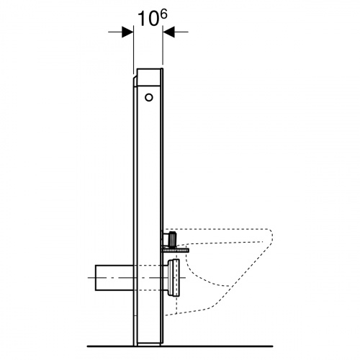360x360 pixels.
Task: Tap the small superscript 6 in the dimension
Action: [x=163, y=14]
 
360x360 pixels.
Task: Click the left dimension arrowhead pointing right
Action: [x=127, y=32]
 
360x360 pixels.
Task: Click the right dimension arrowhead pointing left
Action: [x=168, y=32]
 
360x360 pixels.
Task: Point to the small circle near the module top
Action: [x=149, y=97]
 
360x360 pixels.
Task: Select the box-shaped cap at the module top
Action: [x=148, y=77]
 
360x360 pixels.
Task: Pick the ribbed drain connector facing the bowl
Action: [x=174, y=278]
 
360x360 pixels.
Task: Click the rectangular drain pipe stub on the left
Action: [x=114, y=278]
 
